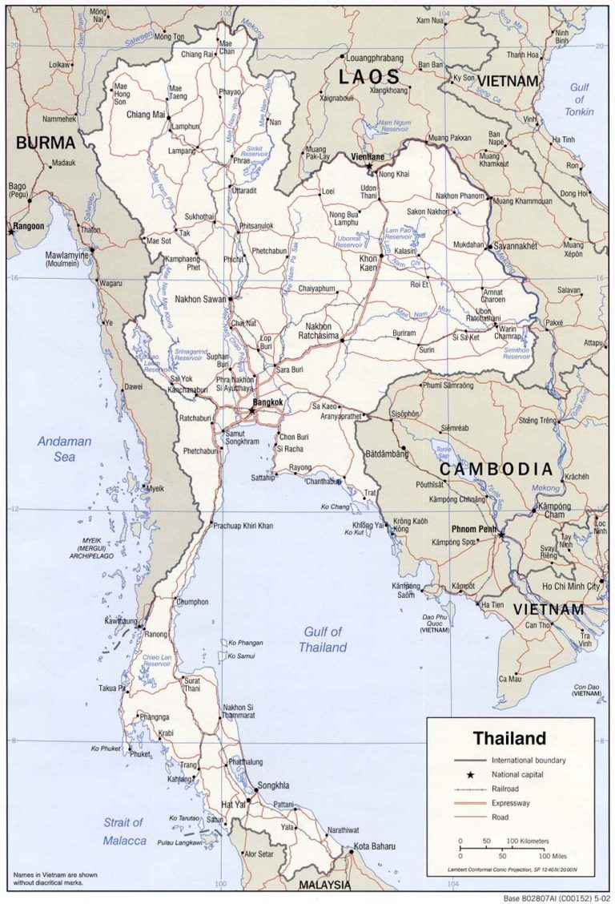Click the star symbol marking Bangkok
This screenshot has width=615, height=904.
pos(251,410)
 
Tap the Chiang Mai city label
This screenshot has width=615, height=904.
pos(145,115)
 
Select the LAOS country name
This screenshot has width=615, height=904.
pos(368,77)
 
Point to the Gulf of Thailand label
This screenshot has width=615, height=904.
pos(323,640)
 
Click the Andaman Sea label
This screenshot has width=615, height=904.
pos(64,449)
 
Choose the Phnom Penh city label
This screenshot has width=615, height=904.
pos(475,529)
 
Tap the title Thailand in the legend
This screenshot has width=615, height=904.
pos(508,738)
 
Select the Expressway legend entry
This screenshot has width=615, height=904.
pos(511,802)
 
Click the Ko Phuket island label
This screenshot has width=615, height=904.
pos(105,749)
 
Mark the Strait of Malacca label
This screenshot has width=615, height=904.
pos(124,831)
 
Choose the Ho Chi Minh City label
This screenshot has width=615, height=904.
pos(570,587)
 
